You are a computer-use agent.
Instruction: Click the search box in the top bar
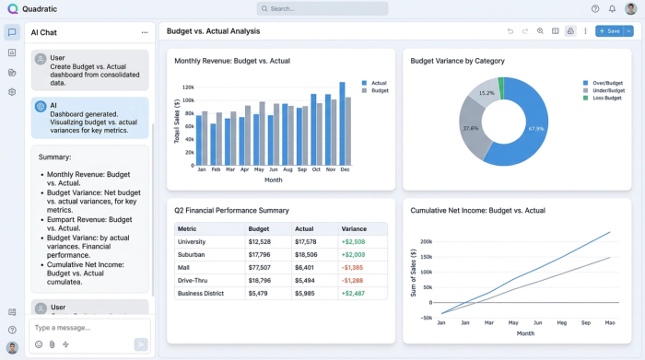pos(322,8)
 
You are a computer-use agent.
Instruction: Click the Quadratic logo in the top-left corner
pos(12,8)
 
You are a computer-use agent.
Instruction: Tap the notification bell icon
pos(612,8)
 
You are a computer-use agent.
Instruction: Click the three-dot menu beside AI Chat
pos(144,32)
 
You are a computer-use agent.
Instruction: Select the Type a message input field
pos(83,328)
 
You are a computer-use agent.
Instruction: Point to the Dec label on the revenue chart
pos(345,170)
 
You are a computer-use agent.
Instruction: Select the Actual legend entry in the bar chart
pos(376,82)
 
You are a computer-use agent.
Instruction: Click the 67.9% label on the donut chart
pos(536,129)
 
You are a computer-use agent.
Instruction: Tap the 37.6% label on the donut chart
pos(470,129)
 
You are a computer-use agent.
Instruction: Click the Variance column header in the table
pos(354,228)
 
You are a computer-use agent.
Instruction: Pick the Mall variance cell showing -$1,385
pos(352,267)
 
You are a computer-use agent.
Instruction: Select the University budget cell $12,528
pos(259,241)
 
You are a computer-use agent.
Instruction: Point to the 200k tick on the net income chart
pos(426,242)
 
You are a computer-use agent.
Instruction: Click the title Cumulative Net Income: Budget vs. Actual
pos(477,211)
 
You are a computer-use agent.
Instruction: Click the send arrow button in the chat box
pos(140,344)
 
